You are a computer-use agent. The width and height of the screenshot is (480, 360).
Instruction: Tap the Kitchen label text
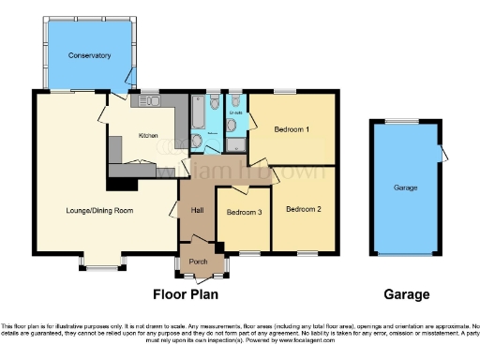click(148, 136)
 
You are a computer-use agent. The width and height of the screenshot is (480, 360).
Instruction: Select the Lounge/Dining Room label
click(91, 211)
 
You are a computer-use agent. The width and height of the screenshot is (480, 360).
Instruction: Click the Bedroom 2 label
click(304, 208)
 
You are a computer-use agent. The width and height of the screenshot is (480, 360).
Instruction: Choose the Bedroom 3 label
click(244, 212)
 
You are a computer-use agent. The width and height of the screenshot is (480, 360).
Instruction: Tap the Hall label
click(198, 210)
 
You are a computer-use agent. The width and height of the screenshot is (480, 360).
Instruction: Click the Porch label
click(198, 261)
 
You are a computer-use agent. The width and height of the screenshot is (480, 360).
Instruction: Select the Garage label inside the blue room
click(405, 188)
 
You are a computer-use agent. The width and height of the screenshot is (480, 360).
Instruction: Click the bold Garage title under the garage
click(406, 294)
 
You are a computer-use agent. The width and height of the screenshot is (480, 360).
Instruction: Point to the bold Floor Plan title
click(186, 294)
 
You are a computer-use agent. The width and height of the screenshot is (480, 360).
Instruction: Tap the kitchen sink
click(151, 100)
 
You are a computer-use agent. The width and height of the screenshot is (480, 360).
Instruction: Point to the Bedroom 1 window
click(285, 91)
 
